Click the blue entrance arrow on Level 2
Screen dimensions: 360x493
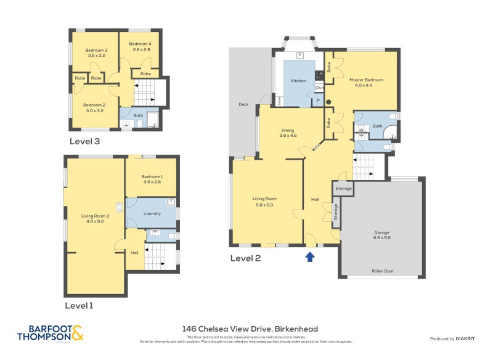[310, 256]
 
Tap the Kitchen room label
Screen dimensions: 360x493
[298, 81]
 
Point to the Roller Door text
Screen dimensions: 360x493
[382, 271]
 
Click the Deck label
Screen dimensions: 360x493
[243, 105]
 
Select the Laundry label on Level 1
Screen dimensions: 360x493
[152, 214]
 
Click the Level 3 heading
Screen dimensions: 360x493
[85, 141]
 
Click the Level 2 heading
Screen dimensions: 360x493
[245, 258]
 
